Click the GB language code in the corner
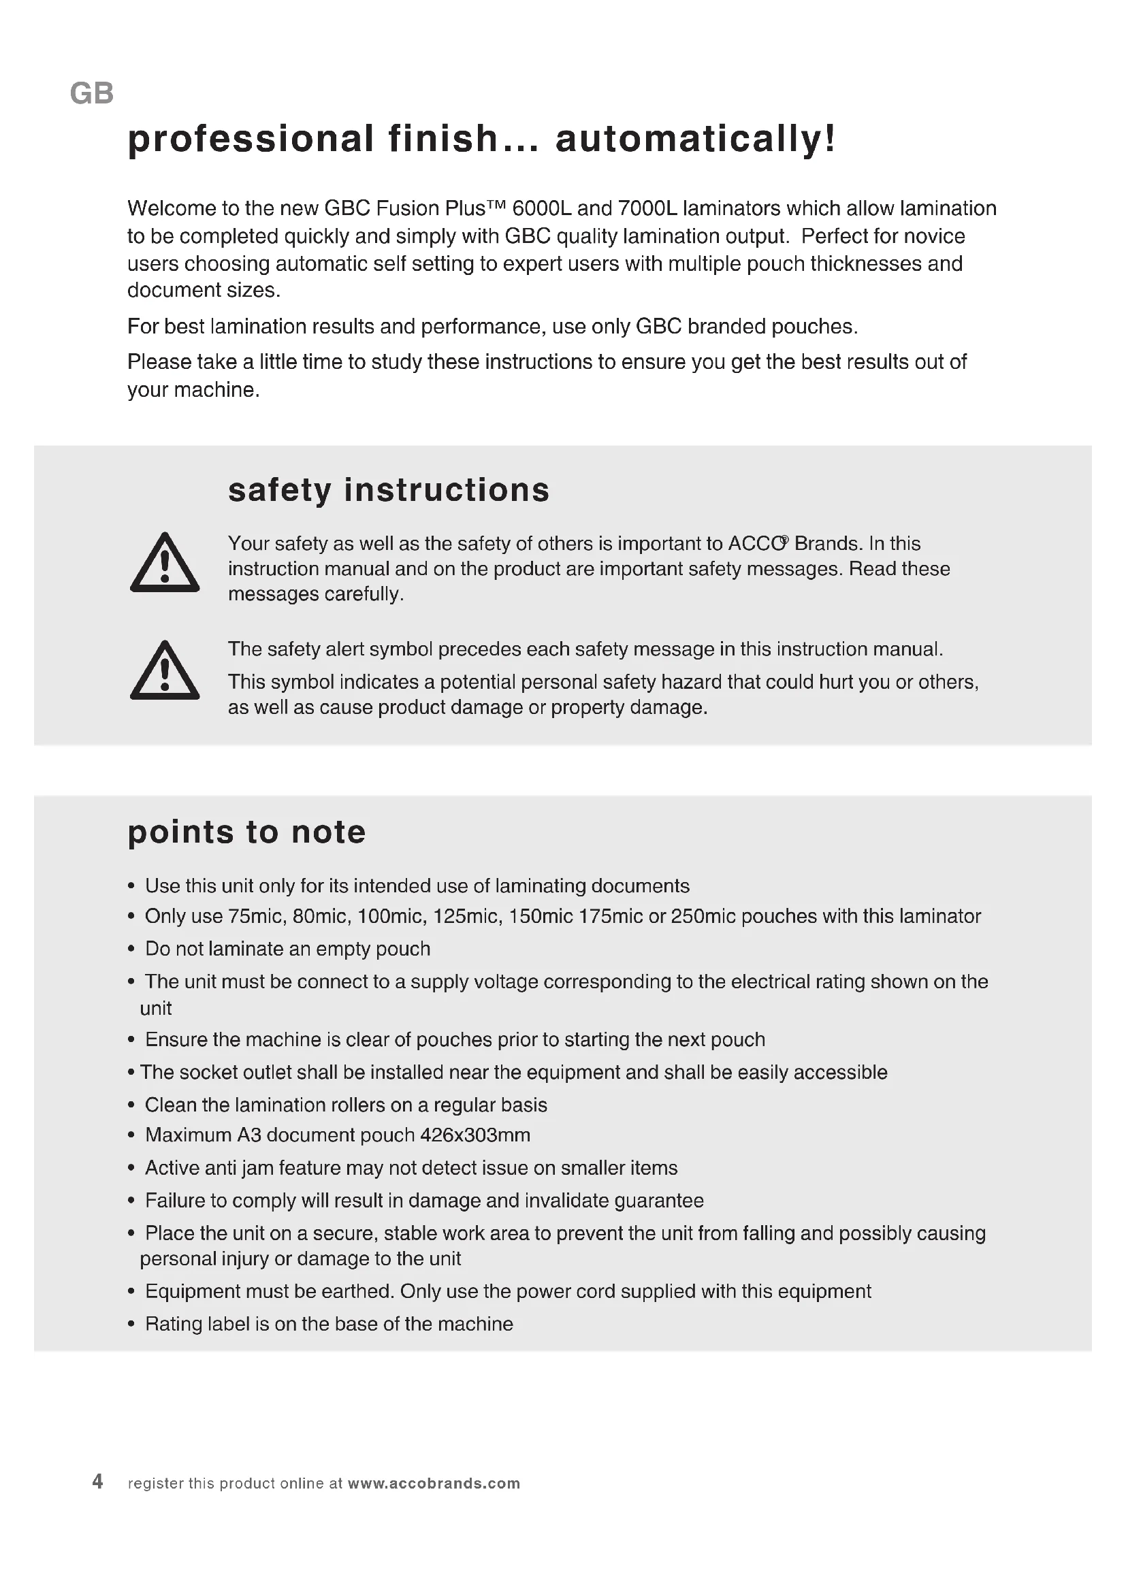coord(91,94)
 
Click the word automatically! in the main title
coord(696,139)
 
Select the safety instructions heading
coord(388,490)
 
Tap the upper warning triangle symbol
coord(165,564)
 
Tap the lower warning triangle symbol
coord(165,672)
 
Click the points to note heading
coord(246,832)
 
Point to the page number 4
coord(98,1482)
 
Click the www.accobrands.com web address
coord(434,1483)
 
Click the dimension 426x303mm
coord(475,1135)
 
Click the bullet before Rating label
coord(131,1325)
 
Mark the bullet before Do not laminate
coord(131,949)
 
